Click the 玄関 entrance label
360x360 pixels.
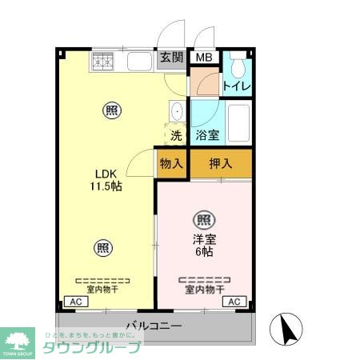[171, 57]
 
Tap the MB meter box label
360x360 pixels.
[205, 57]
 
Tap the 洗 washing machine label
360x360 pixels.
[176, 135]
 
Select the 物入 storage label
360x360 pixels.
[171, 164]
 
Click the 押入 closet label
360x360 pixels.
[221, 164]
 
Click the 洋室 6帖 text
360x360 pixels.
[203, 244]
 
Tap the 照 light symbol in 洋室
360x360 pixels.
[203, 218]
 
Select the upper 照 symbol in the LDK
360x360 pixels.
[108, 110]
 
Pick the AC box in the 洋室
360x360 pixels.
[235, 301]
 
